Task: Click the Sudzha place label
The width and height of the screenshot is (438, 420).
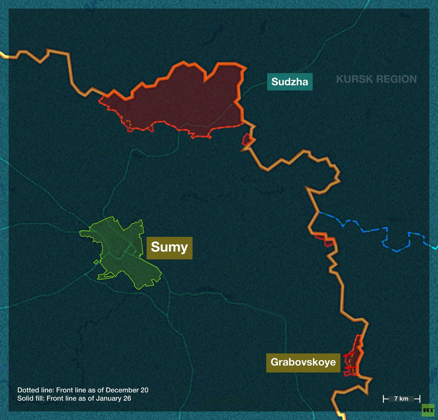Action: click(290, 82)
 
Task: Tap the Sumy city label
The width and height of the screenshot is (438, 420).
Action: click(169, 247)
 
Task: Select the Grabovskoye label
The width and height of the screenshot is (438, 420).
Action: click(303, 362)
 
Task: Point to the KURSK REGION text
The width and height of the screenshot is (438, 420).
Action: click(376, 79)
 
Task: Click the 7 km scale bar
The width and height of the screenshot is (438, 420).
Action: click(401, 399)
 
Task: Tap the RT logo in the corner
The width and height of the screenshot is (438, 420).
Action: click(428, 410)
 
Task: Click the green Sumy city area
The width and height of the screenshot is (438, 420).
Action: click(122, 253)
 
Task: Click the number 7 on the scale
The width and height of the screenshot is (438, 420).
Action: click(396, 399)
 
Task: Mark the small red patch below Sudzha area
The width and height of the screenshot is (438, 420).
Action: click(248, 140)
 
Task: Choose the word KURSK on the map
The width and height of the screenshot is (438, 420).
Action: click(352, 79)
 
